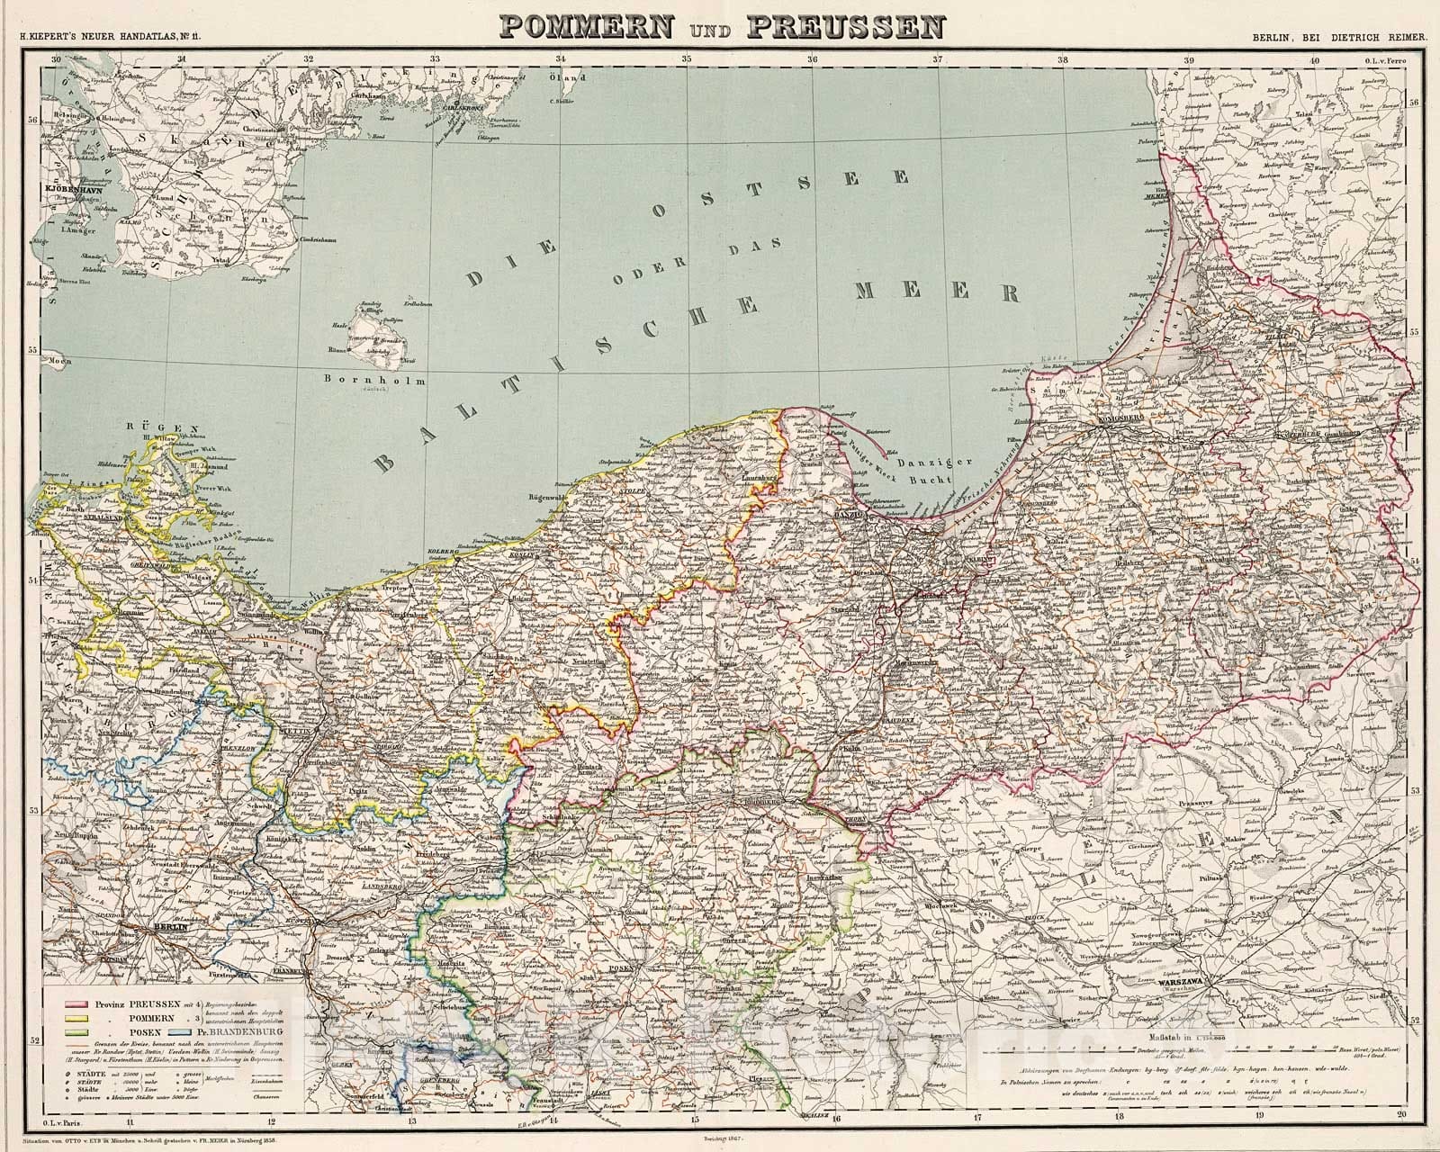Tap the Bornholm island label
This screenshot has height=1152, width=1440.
(375, 380)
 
